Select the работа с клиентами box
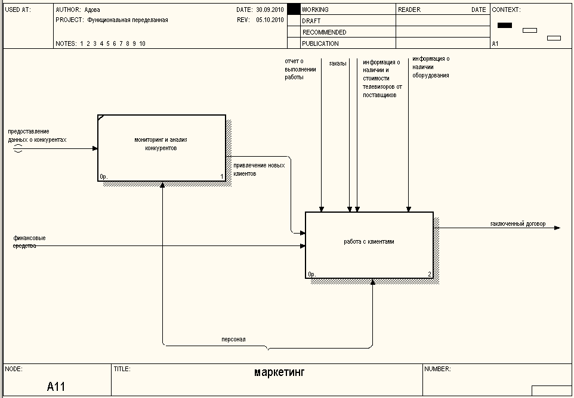[369, 244]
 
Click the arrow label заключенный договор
[517, 223]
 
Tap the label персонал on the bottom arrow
[233, 339]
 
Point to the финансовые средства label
[29, 241]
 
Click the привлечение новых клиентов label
[258, 169]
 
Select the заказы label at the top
[338, 63]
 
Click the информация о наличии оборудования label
[431, 67]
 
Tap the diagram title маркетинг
[279, 373]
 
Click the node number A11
[56, 387]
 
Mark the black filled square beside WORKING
[294, 10]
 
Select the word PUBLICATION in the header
[320, 43]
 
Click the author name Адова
[92, 10]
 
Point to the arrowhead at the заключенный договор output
[557, 228]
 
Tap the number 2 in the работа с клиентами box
[429, 274]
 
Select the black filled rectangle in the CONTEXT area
[505, 25]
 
